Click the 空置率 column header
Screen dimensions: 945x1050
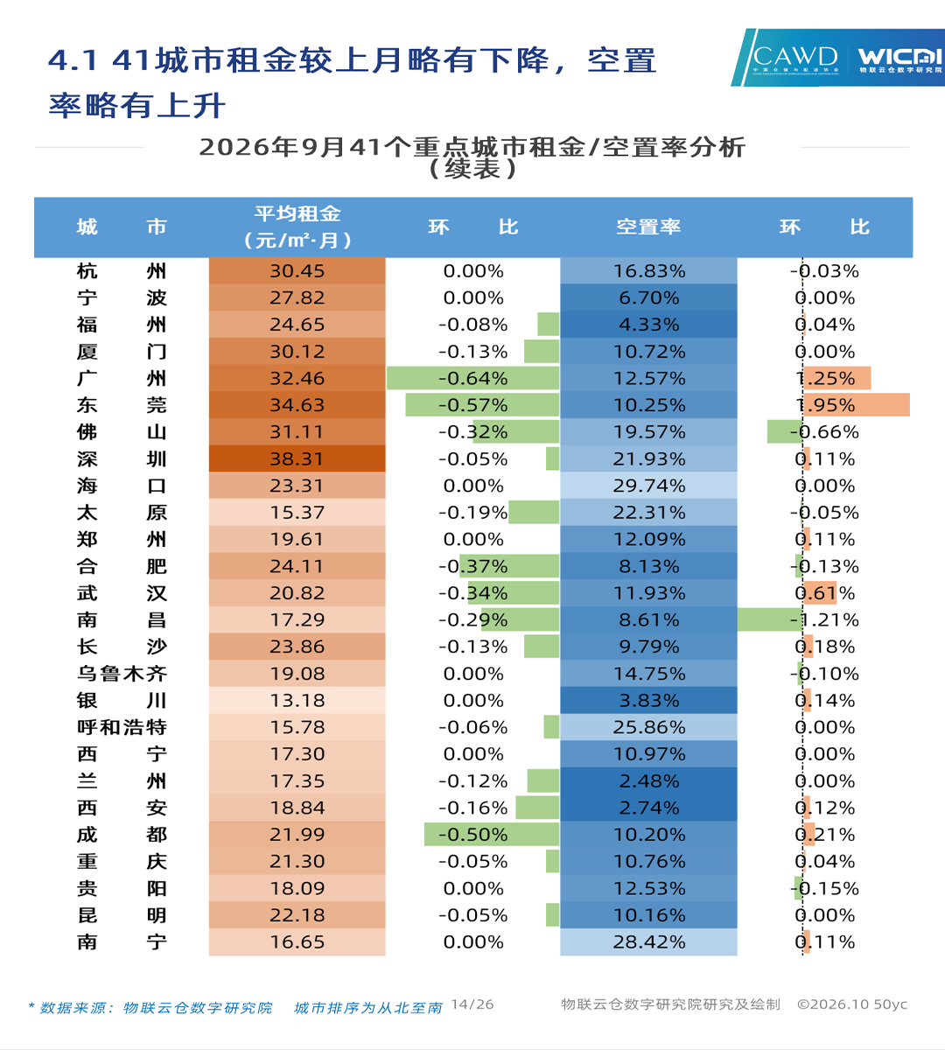tap(648, 227)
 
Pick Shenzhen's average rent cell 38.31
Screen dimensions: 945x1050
tap(297, 459)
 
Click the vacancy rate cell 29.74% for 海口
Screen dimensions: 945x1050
tap(648, 486)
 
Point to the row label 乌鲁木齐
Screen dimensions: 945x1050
tap(122, 674)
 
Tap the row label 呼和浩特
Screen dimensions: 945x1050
tap(122, 727)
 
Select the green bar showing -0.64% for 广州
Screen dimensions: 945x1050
tap(473, 378)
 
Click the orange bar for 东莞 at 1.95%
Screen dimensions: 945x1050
tap(857, 405)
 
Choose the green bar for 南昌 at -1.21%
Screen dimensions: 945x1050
tap(770, 619)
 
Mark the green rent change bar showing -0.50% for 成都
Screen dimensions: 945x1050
tap(492, 835)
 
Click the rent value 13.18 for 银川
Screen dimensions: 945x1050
tap(297, 700)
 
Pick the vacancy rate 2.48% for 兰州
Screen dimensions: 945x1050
tap(649, 781)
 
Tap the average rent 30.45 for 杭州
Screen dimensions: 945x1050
tap(297, 271)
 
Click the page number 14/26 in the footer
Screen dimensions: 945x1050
tap(472, 1004)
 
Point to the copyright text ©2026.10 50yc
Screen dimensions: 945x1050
tap(852, 1004)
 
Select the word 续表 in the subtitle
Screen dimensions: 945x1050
tap(472, 169)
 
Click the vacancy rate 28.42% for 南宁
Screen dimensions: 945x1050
tap(649, 942)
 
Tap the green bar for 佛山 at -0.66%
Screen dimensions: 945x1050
tap(785, 432)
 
